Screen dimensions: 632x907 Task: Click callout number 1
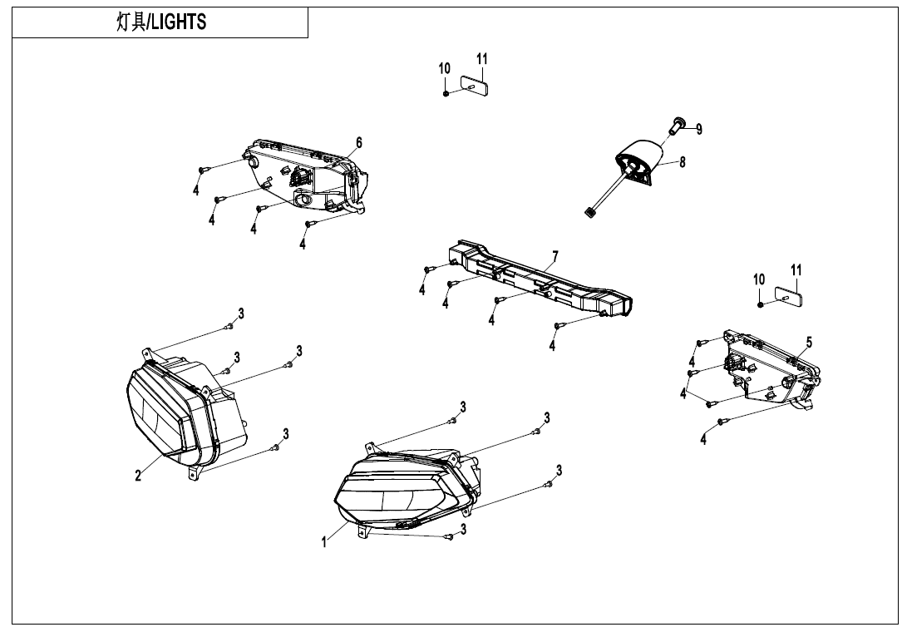tap(325, 542)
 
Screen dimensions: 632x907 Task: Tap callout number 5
tap(809, 342)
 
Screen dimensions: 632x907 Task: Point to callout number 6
tap(359, 143)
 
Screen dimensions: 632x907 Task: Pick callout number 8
tap(683, 162)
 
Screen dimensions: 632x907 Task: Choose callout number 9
tap(699, 129)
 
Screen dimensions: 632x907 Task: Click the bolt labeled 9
tap(675, 126)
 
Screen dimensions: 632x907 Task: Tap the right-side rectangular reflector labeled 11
tap(786, 295)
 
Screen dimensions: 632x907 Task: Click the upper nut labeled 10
tap(446, 92)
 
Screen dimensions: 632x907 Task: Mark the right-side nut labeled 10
tap(761, 304)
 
